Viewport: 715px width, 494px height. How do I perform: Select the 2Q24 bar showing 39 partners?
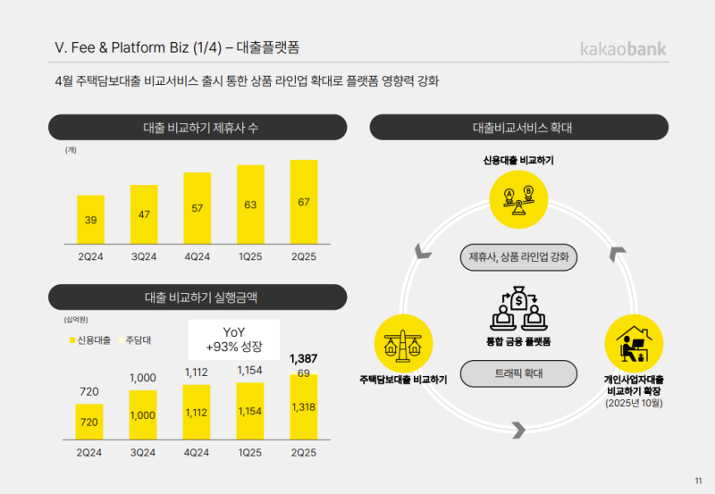click(90, 219)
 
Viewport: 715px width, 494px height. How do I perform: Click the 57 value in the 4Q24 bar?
click(198, 208)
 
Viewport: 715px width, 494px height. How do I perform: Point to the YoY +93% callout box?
click(233, 340)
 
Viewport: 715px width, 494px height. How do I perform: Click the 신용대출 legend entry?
click(89, 339)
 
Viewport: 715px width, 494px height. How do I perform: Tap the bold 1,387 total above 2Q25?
click(304, 358)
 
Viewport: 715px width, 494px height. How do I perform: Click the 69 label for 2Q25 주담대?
click(304, 373)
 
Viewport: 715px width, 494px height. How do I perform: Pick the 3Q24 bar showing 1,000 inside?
click(143, 414)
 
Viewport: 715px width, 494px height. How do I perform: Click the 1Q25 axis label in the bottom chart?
click(250, 453)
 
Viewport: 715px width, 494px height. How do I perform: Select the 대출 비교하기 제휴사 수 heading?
click(198, 128)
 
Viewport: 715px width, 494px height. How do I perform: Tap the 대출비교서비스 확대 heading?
click(523, 128)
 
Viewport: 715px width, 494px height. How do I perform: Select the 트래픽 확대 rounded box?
click(518, 373)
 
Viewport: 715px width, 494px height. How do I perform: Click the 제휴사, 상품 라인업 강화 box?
click(518, 257)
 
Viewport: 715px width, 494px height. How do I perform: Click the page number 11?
click(698, 481)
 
